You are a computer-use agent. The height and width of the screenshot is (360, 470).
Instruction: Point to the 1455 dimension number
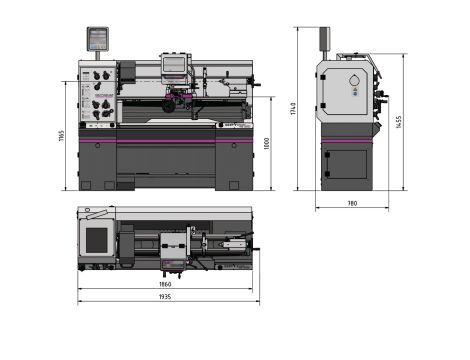(398, 121)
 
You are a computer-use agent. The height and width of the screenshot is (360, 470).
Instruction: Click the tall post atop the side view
(323, 39)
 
